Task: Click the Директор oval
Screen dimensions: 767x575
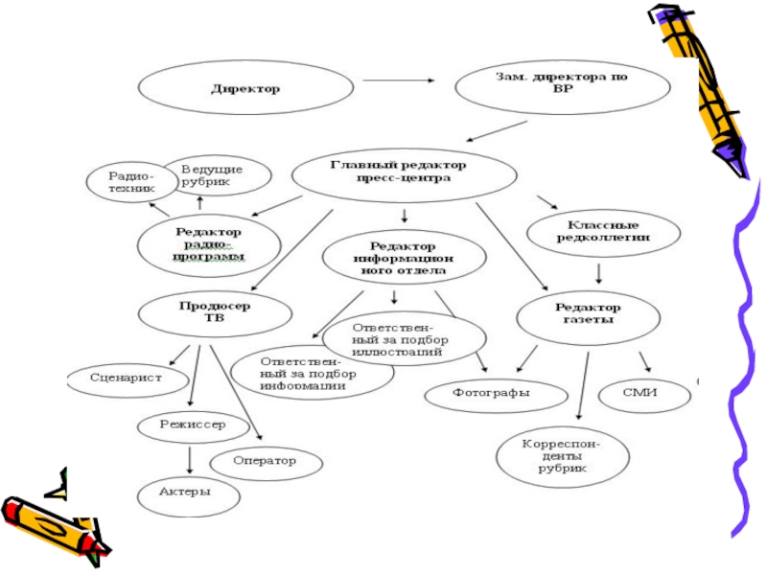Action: [245, 89]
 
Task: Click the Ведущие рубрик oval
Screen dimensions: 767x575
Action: [212, 174]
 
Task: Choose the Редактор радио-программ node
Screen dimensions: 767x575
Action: [208, 243]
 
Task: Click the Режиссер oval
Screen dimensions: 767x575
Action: [194, 424]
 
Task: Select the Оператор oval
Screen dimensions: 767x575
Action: [265, 461]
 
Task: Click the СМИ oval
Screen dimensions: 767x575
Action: [644, 392]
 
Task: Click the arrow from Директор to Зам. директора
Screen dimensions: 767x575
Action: [396, 80]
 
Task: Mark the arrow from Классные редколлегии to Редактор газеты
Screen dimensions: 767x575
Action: [598, 272]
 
